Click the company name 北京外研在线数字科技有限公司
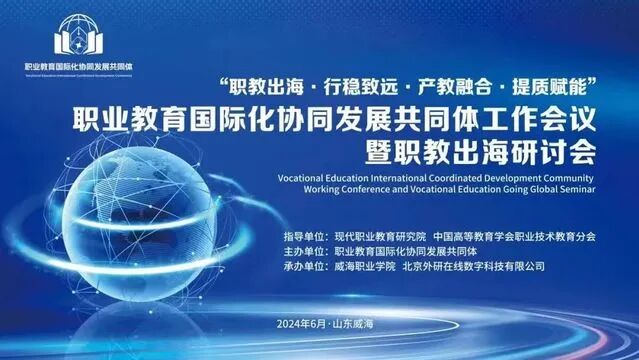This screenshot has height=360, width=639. point(473,267)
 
